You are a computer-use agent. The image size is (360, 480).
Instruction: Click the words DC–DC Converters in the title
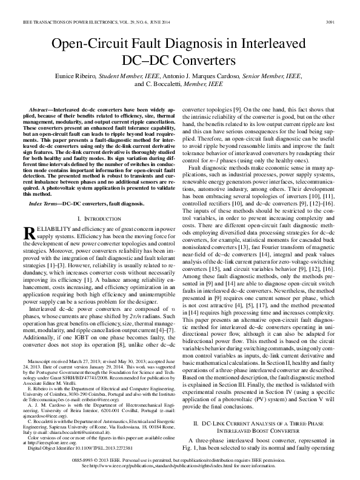(x=180, y=61)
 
